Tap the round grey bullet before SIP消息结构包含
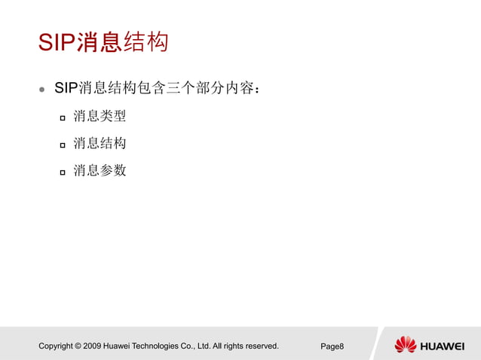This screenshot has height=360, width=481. click(x=42, y=89)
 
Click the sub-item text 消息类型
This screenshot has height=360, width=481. click(x=100, y=117)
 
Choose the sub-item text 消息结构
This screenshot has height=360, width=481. click(x=100, y=144)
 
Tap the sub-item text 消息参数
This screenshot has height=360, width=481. click(x=100, y=171)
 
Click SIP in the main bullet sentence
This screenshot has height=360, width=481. click(x=66, y=88)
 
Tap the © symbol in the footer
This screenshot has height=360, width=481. click(x=78, y=346)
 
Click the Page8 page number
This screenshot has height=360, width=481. click(x=332, y=346)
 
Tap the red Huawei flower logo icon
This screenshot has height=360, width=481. click(x=405, y=345)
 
